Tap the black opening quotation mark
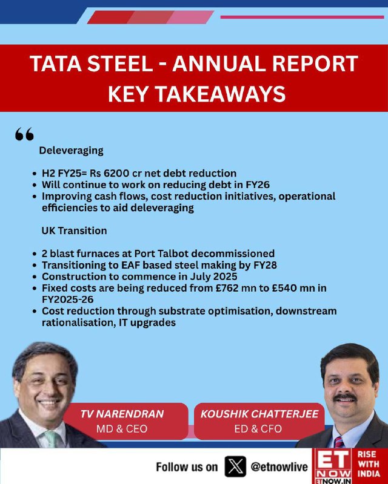tap(24, 134)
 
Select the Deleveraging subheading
tap(71, 151)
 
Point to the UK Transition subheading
tap(74, 231)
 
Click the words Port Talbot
tap(161, 253)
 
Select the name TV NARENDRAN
tap(122, 414)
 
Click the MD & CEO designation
tap(122, 429)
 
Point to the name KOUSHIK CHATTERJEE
tap(259, 414)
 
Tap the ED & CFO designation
tap(258, 429)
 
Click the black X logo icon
tap(235, 466)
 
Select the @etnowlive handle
tap(279, 466)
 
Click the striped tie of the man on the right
tap(339, 442)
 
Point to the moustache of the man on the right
tap(345, 397)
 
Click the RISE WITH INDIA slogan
tap(369, 464)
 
